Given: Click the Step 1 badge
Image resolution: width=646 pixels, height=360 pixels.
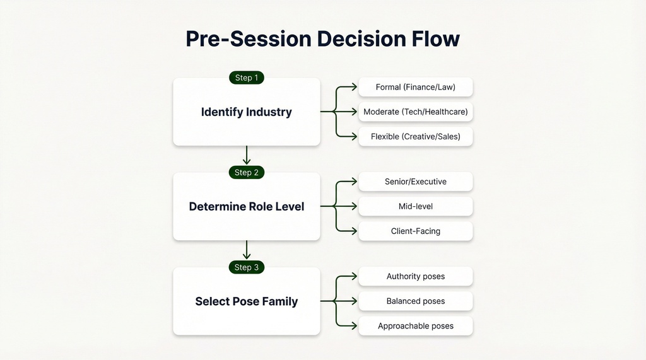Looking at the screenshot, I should (x=246, y=78).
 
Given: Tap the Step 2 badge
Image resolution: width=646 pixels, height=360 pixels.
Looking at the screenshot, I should (x=246, y=172).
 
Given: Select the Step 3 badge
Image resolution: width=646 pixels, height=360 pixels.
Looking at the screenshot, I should (x=246, y=267).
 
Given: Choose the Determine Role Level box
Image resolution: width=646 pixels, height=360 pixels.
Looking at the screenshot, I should (x=246, y=207).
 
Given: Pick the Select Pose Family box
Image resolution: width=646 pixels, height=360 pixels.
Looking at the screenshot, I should (x=246, y=302).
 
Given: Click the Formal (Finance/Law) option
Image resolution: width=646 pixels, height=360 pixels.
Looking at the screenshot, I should (x=415, y=87).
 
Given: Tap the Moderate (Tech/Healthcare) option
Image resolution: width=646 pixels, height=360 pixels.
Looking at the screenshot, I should (x=415, y=112).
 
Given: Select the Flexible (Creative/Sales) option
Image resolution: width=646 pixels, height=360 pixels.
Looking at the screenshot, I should (x=415, y=136).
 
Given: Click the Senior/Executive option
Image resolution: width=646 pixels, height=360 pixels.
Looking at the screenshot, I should (x=415, y=182).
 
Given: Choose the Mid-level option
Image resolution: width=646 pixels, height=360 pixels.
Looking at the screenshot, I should (x=415, y=206).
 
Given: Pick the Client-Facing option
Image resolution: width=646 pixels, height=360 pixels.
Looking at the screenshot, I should (x=415, y=231).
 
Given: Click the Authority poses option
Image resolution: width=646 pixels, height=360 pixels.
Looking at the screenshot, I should (x=415, y=276).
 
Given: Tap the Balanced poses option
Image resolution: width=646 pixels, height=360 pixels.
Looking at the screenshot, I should (x=415, y=301).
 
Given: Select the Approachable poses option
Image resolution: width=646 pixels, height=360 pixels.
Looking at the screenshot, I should (x=415, y=326).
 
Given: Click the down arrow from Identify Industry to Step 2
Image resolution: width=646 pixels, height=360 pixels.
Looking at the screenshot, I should (x=247, y=156).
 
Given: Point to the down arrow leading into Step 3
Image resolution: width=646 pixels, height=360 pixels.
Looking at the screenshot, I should (x=247, y=250).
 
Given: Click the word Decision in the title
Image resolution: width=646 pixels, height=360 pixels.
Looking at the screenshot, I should (x=358, y=38).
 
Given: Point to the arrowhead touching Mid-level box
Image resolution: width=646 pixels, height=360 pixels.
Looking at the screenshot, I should (x=355, y=206).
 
